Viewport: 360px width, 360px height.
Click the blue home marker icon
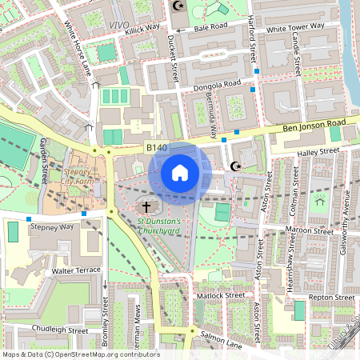point(180,172)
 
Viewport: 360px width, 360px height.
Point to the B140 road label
point(158,147)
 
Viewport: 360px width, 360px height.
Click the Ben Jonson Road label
point(316,125)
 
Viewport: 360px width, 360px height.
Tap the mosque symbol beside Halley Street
point(235,166)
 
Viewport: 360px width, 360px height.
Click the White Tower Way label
point(295,27)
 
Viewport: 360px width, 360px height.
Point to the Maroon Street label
point(310,232)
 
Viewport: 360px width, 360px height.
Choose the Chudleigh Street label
point(60,329)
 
